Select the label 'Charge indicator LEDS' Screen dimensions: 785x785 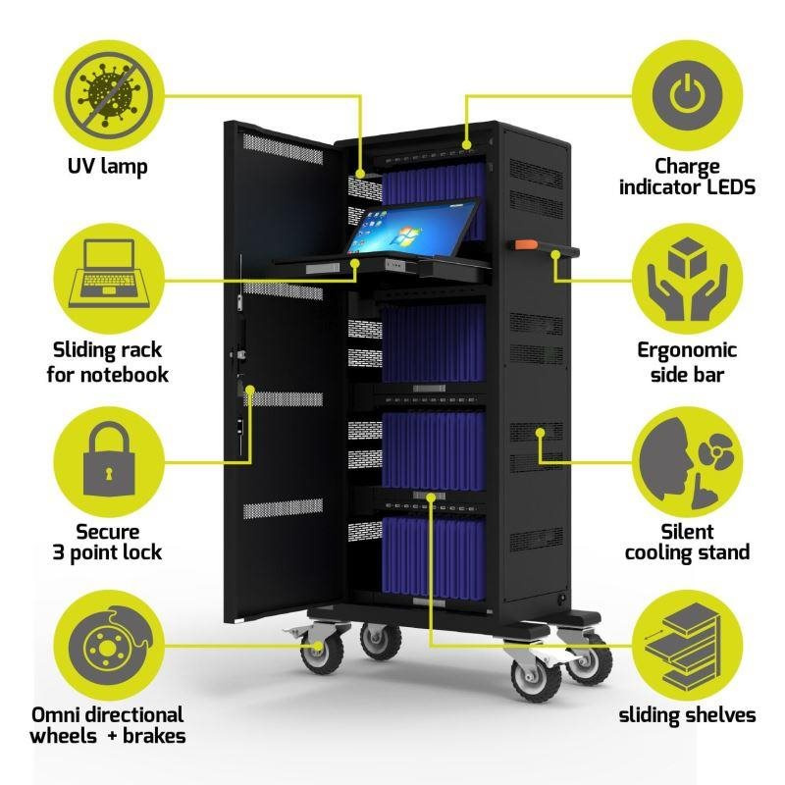(x=687, y=176)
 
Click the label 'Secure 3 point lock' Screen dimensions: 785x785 (x=106, y=542)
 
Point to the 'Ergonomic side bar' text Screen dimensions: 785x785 (x=687, y=361)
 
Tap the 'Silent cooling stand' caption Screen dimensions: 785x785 (x=687, y=542)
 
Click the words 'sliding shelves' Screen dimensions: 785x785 (x=687, y=714)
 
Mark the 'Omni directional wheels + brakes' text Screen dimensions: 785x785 (x=106, y=725)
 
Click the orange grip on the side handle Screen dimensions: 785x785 (x=522, y=244)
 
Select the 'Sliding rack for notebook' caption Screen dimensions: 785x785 (x=106, y=361)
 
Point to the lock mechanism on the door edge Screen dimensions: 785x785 (x=238, y=343)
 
